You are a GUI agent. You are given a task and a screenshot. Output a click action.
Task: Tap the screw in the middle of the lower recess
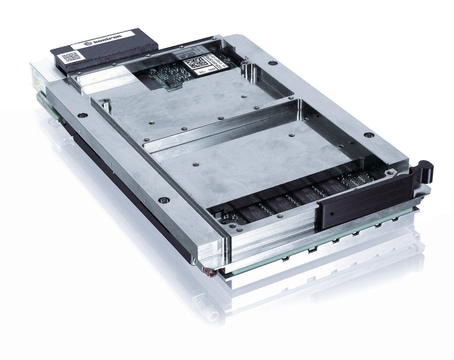point(194,164)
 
